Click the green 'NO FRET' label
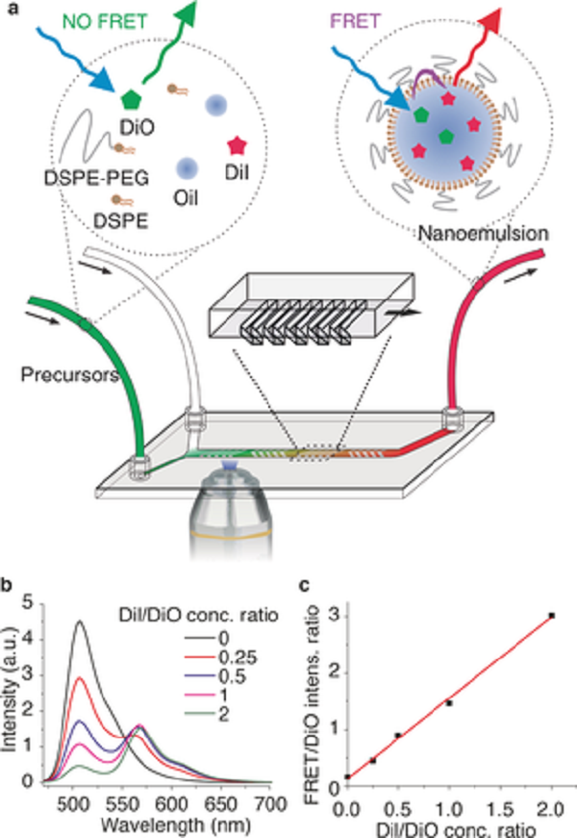(x=105, y=21)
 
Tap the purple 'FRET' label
(x=355, y=21)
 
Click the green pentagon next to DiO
(x=131, y=99)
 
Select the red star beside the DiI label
(x=238, y=145)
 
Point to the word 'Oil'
(x=186, y=198)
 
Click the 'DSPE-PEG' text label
(x=96, y=177)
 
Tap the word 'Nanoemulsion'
(x=483, y=234)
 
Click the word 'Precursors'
(x=69, y=374)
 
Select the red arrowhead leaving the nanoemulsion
(x=489, y=22)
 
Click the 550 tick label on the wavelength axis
(x=121, y=803)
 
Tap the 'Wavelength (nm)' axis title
(x=175, y=825)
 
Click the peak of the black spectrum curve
(x=80, y=621)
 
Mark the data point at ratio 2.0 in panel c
(x=552, y=616)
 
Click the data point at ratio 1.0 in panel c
(x=449, y=703)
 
